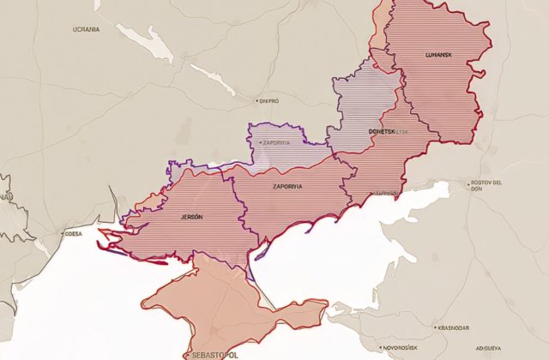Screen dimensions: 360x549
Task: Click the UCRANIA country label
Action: (x=86, y=29)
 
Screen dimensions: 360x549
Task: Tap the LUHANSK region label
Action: (x=443, y=56)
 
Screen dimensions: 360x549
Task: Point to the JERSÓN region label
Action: (x=191, y=217)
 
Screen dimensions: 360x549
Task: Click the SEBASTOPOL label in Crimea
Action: (x=209, y=353)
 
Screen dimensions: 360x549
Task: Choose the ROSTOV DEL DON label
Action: (x=491, y=187)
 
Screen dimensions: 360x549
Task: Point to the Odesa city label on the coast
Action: (x=74, y=232)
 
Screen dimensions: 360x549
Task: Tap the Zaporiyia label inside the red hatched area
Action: (x=287, y=186)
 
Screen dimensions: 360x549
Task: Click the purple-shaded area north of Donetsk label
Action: (x=365, y=94)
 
